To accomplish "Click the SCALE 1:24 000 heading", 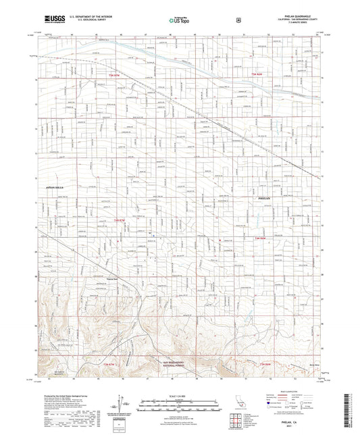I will (180, 394).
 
